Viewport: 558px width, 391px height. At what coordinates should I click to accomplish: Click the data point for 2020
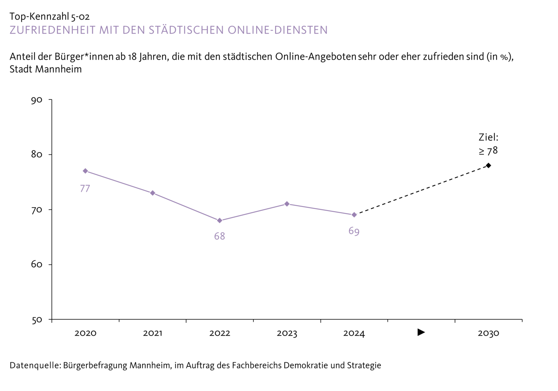pos(85,171)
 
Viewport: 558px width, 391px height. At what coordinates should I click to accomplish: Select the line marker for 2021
pos(153,193)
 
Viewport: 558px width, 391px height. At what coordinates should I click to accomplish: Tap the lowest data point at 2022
pos(220,220)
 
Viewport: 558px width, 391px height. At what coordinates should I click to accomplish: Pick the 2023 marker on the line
pos(287,204)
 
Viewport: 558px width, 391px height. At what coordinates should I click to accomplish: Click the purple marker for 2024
pos(354,215)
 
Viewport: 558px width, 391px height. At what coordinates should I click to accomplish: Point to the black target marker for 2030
pos(488,165)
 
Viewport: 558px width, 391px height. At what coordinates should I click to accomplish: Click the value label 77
pos(85,189)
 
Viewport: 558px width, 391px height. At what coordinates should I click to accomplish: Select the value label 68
pos(220,236)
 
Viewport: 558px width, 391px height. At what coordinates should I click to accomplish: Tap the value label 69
pos(354,231)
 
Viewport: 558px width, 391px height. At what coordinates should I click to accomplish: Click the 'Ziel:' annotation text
pos(488,137)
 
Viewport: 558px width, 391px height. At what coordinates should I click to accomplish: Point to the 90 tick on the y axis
pos(37,100)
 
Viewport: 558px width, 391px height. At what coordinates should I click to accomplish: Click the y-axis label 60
pos(37,265)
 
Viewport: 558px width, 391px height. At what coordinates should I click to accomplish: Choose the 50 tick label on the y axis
pos(37,320)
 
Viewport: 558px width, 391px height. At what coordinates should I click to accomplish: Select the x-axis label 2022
pos(220,333)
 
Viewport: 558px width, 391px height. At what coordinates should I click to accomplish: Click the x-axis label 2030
pos(488,333)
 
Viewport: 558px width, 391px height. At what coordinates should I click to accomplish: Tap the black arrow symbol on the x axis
pos(421,332)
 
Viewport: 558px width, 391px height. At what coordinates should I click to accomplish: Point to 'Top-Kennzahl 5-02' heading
pos(50,16)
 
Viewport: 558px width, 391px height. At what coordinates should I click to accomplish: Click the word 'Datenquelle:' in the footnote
pos(35,365)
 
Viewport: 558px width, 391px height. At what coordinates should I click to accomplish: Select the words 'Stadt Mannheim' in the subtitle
pos(46,69)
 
